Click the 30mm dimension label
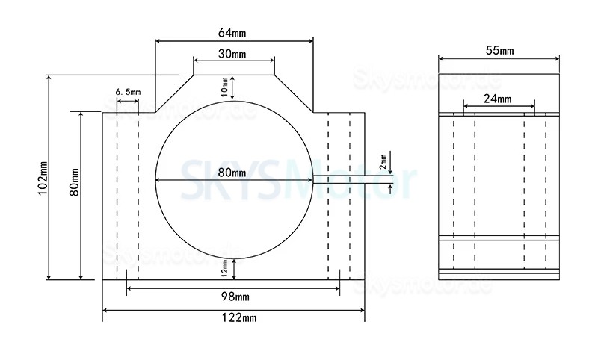pyautogui.click(x=233, y=55)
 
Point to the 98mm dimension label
pyautogui.click(x=233, y=297)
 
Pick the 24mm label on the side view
pyautogui.click(x=498, y=99)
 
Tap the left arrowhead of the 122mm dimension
pyautogui.click(x=105, y=309)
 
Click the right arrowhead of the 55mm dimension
pyautogui.click(x=556, y=59)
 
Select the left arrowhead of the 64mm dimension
pyautogui.click(x=158, y=41)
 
